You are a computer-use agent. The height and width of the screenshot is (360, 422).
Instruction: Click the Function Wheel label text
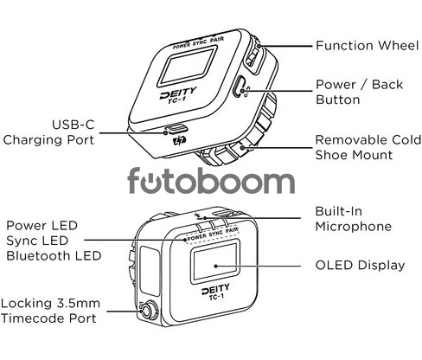tap(367, 46)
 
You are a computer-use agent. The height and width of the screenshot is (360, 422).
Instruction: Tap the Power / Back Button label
tap(359, 92)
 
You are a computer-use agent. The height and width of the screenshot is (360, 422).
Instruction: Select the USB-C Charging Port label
tap(48, 132)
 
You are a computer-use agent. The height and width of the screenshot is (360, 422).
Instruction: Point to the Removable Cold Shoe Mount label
tap(368, 147)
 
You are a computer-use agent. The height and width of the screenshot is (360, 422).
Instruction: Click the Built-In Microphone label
tap(354, 219)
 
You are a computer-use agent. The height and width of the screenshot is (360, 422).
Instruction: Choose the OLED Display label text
tap(360, 266)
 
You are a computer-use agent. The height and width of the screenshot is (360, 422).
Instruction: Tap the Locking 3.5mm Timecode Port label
tap(50, 311)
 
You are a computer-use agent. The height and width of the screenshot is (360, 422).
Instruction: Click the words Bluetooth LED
tap(54, 256)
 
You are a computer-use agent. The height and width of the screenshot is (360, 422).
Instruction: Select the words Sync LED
tap(37, 241)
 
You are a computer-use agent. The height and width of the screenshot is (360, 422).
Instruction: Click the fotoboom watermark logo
tap(211, 181)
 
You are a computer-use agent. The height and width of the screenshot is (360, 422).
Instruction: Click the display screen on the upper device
tap(188, 67)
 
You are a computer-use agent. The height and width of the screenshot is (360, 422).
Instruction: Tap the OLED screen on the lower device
tap(214, 262)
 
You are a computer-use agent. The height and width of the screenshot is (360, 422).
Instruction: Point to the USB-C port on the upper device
tap(176, 128)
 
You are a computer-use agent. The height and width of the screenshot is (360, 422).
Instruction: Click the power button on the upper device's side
tap(239, 87)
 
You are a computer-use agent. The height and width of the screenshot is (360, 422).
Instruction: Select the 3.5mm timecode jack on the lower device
tap(148, 311)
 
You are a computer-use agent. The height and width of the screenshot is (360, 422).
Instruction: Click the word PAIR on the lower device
tap(232, 230)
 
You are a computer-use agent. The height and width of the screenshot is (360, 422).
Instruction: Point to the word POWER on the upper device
tap(182, 45)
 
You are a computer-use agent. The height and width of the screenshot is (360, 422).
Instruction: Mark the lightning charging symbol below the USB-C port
tap(179, 141)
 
